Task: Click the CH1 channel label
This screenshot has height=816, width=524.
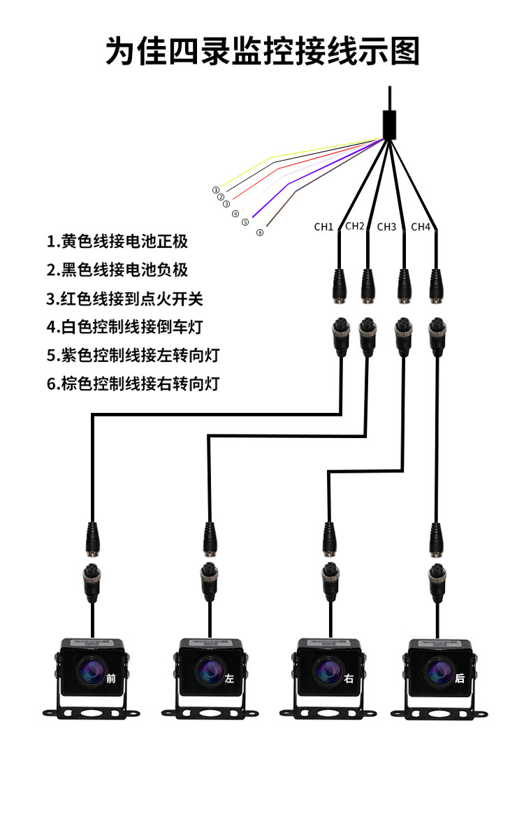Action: (x=323, y=226)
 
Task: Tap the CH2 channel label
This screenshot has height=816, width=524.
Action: (x=355, y=226)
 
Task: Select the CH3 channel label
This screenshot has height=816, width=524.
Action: (x=386, y=226)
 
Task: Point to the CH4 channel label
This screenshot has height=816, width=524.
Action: (x=421, y=226)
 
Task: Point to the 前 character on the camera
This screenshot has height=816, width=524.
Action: (x=111, y=678)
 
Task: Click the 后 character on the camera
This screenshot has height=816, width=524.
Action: (x=459, y=678)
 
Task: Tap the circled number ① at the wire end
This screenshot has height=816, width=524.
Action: (x=216, y=189)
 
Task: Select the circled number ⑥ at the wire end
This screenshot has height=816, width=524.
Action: (x=260, y=233)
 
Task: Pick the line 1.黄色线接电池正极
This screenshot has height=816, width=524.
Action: (x=117, y=242)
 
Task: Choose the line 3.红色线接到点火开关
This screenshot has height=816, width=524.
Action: (x=125, y=299)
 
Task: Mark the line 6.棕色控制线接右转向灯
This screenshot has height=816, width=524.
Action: (x=133, y=384)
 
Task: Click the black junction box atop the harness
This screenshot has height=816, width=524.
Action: (x=390, y=125)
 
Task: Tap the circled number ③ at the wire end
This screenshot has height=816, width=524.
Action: (x=226, y=204)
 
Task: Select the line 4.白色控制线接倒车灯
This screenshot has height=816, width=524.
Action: (x=125, y=327)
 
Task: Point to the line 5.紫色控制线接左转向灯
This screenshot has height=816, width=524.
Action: (x=133, y=355)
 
